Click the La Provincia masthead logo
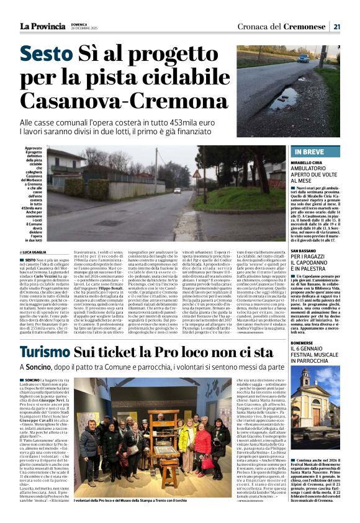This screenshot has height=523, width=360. point(42,26)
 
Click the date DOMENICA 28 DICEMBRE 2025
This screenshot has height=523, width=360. point(85,27)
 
